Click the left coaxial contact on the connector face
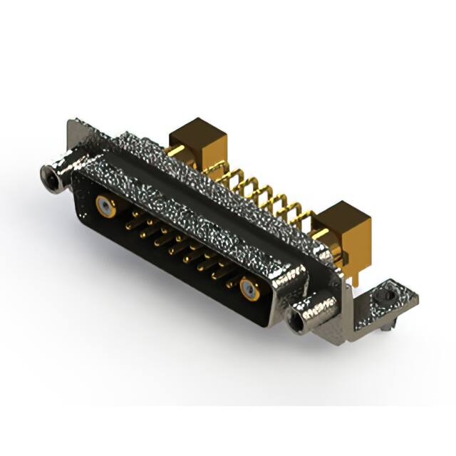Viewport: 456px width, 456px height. coord(105,207)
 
